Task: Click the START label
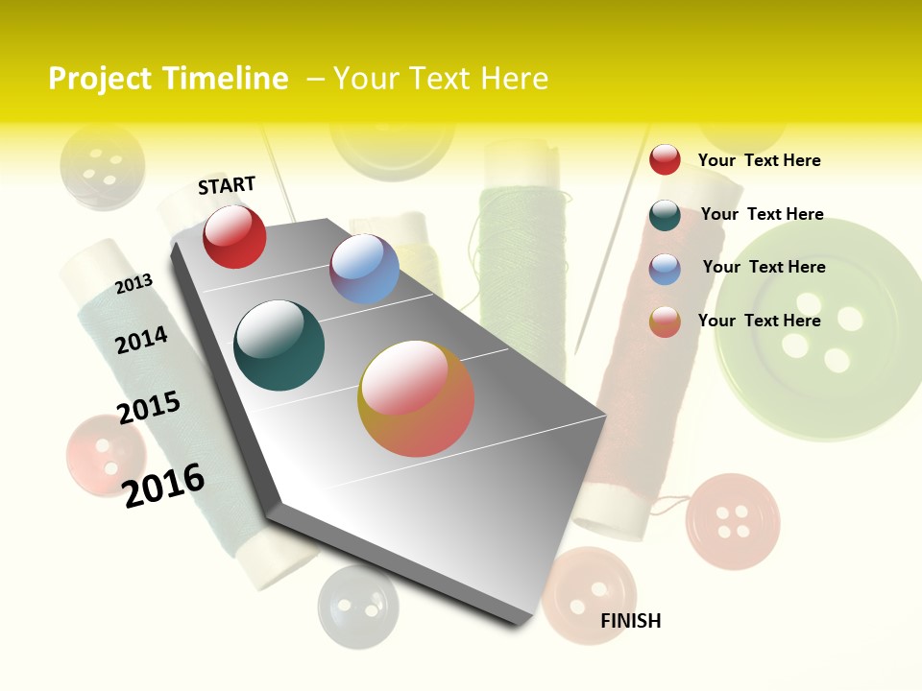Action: click(x=227, y=185)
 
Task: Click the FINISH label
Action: click(x=630, y=621)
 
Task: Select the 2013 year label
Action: click(x=133, y=284)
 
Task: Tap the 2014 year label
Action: click(x=141, y=340)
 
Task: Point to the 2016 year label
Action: click(x=164, y=485)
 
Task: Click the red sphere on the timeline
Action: click(x=234, y=236)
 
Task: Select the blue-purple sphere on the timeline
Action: click(x=364, y=269)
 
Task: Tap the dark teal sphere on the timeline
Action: click(x=279, y=345)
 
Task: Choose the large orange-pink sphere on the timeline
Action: click(x=416, y=398)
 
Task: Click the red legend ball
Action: click(x=665, y=159)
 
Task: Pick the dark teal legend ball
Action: click(x=665, y=215)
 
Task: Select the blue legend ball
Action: click(x=665, y=269)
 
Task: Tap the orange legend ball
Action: click(x=665, y=322)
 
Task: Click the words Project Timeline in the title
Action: click(x=168, y=79)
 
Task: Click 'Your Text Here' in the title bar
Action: click(x=441, y=79)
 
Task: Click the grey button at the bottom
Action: click(x=357, y=605)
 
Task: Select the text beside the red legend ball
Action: click(x=759, y=160)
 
